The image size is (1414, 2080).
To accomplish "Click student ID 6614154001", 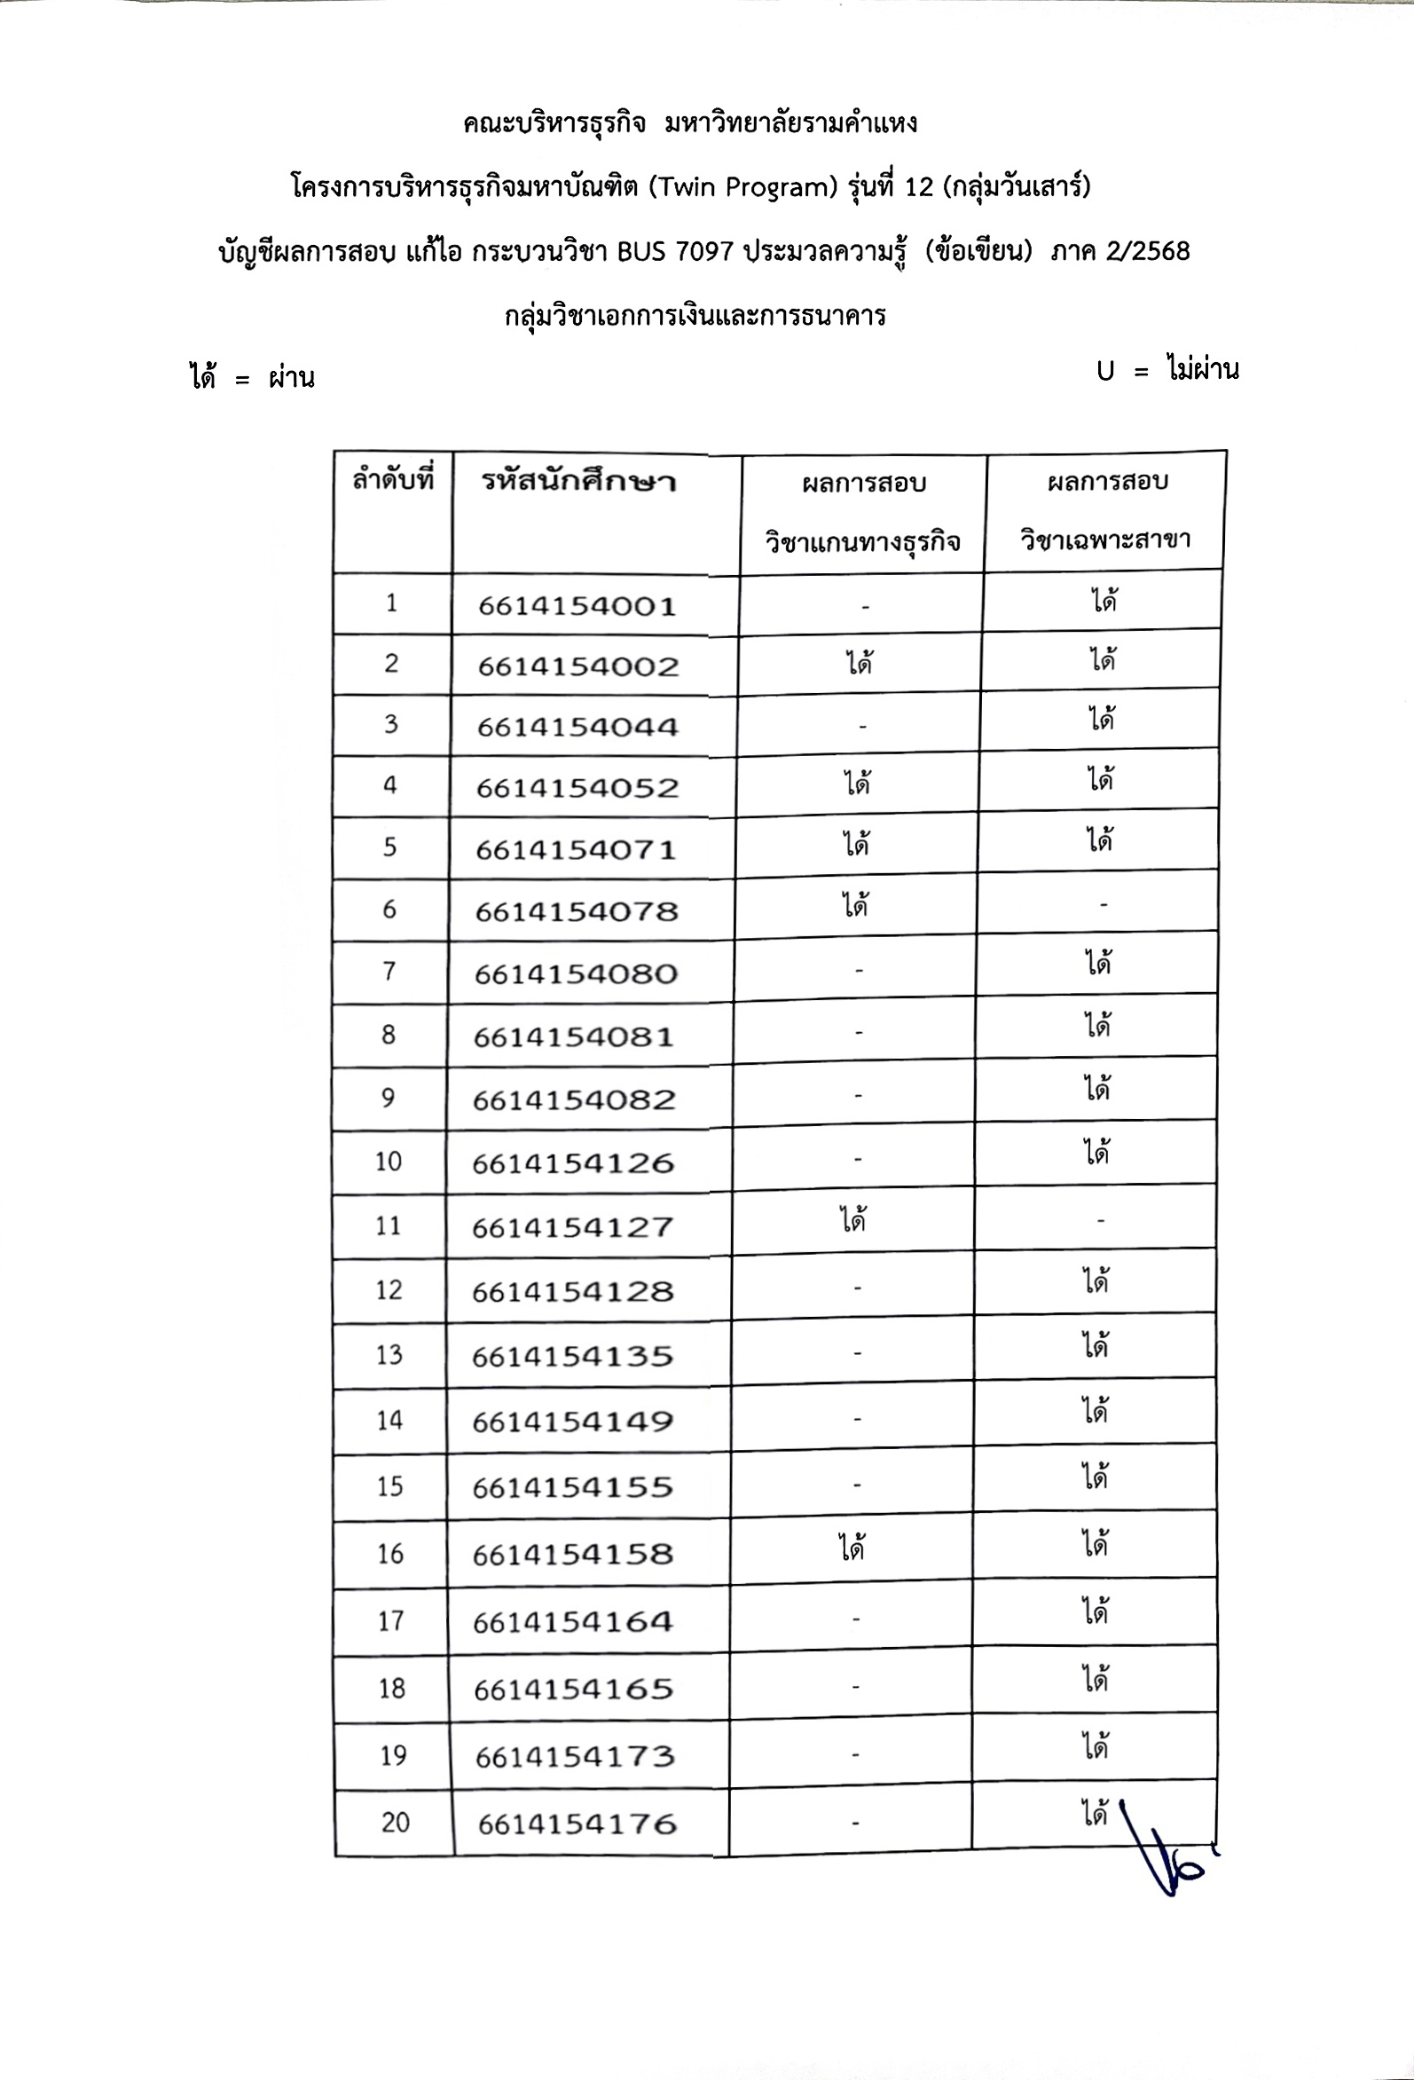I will (577, 606).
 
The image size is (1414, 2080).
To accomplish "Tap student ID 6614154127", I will (573, 1226).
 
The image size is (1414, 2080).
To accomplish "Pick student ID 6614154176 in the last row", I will (577, 1824).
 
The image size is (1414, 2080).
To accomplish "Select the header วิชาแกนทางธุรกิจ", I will (863, 541).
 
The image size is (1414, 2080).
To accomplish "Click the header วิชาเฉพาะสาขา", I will (1106, 539).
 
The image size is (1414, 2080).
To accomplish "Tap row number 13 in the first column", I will (389, 1354).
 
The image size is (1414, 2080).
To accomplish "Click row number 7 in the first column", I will (389, 971).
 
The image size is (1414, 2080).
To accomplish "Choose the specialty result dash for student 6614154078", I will (1104, 906).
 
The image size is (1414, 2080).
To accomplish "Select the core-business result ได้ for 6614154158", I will (852, 1548).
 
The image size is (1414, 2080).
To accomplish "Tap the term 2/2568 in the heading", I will (1147, 250).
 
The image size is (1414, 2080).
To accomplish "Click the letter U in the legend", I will (1105, 372).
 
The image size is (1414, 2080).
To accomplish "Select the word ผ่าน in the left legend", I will (292, 379).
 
